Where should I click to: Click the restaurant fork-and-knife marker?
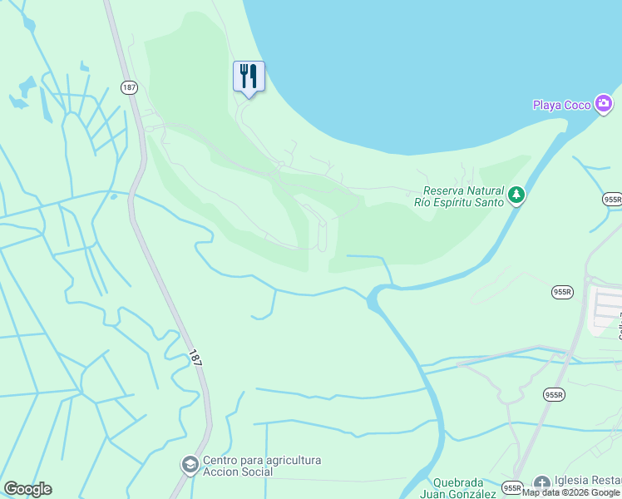click(x=249, y=77)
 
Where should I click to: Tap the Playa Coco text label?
click(x=561, y=105)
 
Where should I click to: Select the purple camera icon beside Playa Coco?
click(x=605, y=104)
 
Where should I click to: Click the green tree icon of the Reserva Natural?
click(x=516, y=195)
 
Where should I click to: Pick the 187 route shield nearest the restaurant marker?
click(x=128, y=87)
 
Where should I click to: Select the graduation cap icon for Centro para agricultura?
click(x=190, y=463)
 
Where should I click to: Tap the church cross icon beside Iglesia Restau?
click(x=541, y=482)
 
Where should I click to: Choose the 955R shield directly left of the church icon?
click(x=511, y=487)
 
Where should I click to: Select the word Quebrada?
click(x=457, y=483)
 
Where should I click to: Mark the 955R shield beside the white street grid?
click(x=562, y=292)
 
